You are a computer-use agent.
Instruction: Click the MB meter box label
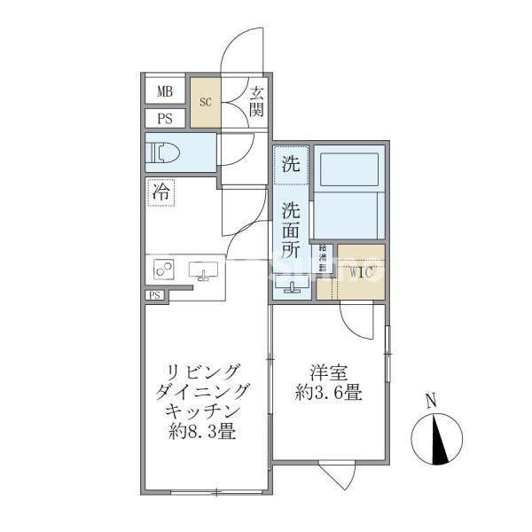pos(165,91)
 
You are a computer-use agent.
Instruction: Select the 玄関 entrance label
pos(256,100)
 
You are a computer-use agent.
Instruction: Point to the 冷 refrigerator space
pos(161,192)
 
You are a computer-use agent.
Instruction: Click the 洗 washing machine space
pos(291,164)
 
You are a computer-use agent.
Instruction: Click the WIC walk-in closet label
pos(362,271)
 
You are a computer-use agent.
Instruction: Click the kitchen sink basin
pos(203,270)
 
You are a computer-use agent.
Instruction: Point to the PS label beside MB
pos(165,119)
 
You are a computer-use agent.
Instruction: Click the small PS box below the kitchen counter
pos(155,296)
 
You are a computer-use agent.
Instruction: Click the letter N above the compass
pos(430,400)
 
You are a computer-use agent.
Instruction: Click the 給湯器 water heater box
pos(324,260)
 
